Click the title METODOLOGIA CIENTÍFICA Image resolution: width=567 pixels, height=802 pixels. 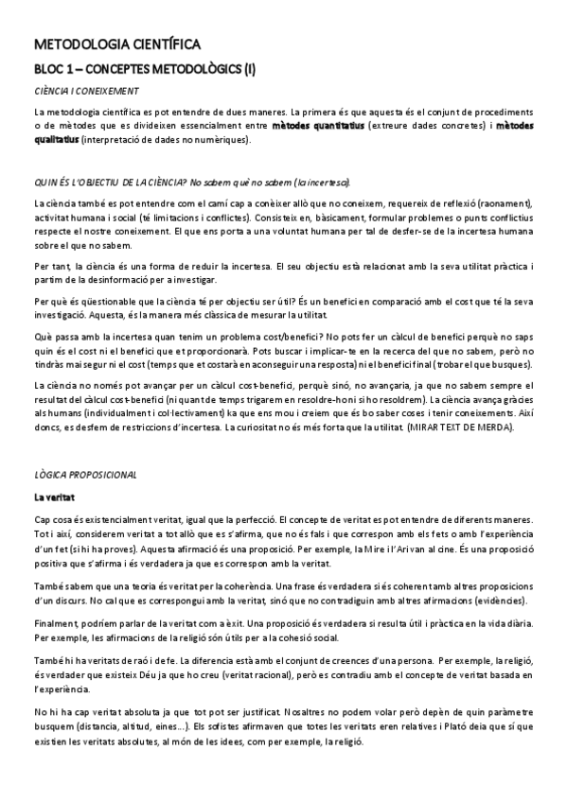[x=115, y=44]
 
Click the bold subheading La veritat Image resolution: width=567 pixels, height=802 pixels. [x=55, y=497]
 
